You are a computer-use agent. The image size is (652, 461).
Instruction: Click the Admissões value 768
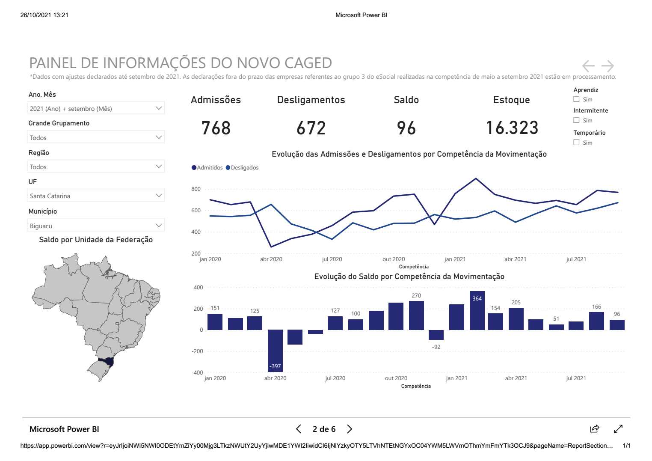(x=216, y=128)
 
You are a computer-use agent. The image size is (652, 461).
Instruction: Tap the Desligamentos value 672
(x=311, y=128)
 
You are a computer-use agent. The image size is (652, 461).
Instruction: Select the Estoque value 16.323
(x=512, y=128)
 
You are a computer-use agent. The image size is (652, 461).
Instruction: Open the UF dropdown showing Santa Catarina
(x=96, y=196)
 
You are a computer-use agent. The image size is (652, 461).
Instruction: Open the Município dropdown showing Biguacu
(x=96, y=226)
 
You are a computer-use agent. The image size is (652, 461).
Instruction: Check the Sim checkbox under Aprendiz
(x=577, y=99)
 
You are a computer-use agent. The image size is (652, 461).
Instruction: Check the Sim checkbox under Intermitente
(x=577, y=120)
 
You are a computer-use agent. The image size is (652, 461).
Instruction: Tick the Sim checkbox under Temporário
(x=577, y=143)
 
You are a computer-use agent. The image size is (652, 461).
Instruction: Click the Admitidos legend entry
(x=207, y=168)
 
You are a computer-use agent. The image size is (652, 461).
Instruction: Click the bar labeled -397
(x=275, y=351)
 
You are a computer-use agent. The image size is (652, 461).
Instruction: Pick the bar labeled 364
(x=477, y=310)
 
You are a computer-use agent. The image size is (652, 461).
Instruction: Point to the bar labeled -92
(x=436, y=335)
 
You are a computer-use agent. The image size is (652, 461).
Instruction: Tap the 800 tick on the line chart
(x=196, y=189)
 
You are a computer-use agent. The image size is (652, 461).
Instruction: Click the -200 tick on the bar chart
(x=197, y=351)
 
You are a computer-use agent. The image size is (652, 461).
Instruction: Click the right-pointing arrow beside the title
(x=608, y=66)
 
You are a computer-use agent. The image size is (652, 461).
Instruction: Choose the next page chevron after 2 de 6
(x=350, y=429)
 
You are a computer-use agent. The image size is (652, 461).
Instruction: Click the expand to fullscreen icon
(x=618, y=429)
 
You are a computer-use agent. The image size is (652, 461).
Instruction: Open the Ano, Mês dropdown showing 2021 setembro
(x=96, y=108)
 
